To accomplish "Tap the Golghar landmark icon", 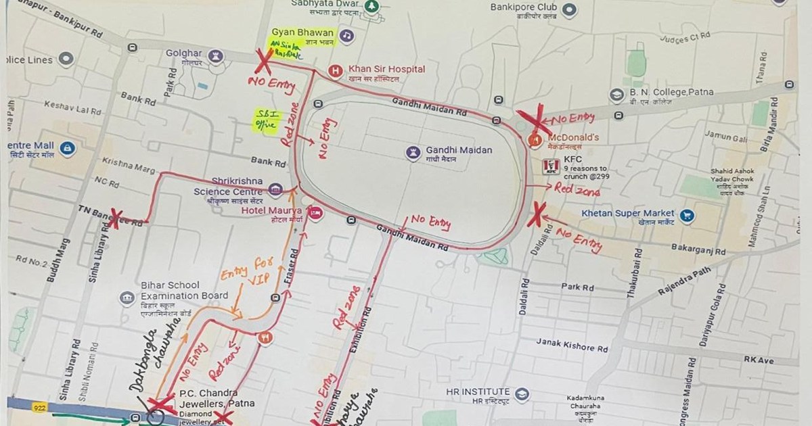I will coord(217,55).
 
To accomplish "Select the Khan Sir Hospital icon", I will coord(334,70).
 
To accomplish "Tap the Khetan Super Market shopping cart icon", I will coord(688,216).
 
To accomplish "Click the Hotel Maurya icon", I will coord(314,212).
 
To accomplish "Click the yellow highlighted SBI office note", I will coord(264,119).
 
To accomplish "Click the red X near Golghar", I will coord(263,62).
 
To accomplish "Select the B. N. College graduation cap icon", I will coord(615,95).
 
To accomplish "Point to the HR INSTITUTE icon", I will coord(521,394).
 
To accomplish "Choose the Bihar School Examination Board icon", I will coord(127,298).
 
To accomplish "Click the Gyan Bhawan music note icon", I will coord(346,35).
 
